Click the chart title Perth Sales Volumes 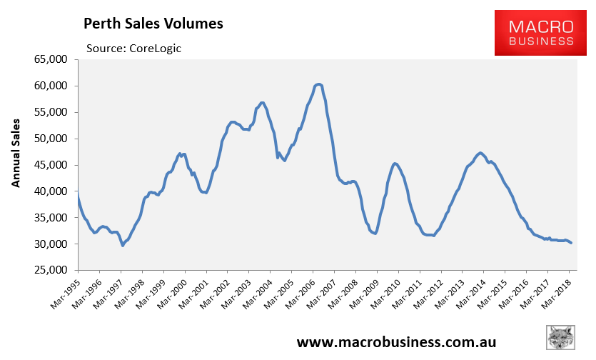tap(153, 24)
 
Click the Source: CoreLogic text tap(133, 48)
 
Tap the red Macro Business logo tap(540, 33)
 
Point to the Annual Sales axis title tap(15, 152)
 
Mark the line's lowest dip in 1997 tap(123, 245)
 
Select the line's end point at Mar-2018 tap(571, 243)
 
